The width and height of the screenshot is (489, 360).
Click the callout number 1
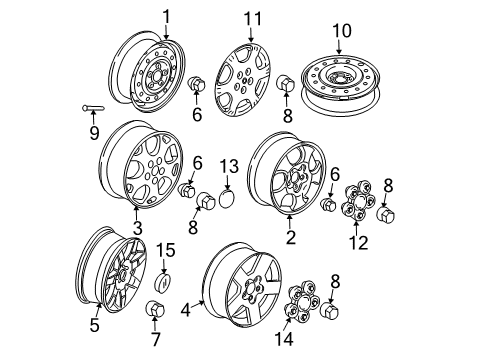(167, 15)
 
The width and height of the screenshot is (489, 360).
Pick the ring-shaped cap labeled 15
(160, 275)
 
